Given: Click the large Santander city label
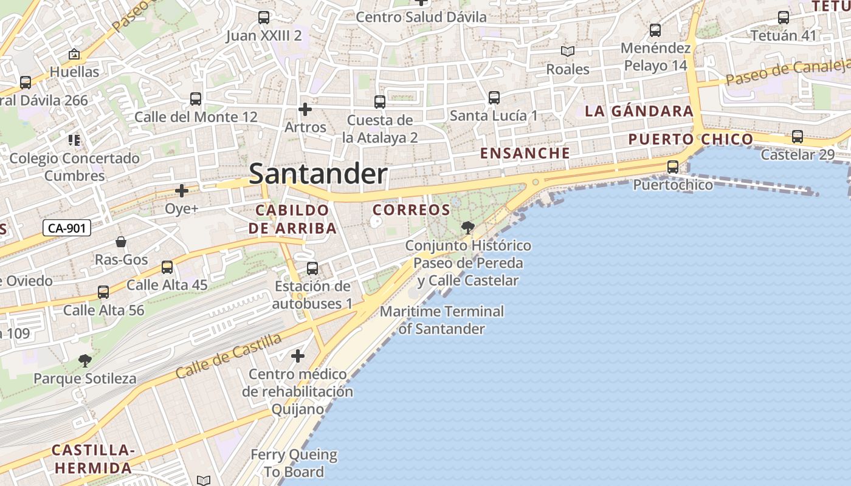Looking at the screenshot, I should tap(318, 174).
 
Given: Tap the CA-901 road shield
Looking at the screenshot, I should tap(67, 228).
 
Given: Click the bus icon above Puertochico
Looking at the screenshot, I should tap(673, 166).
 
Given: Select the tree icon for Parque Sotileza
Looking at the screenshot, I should tap(85, 361).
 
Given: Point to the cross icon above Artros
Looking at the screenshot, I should tap(305, 109).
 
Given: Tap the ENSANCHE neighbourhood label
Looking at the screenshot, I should tap(525, 153).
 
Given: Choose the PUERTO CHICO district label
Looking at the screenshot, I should tap(691, 139).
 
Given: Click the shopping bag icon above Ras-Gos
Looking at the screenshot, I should tap(121, 242).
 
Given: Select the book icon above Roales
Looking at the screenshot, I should tap(568, 52).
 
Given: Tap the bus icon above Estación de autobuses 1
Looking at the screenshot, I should tap(312, 268).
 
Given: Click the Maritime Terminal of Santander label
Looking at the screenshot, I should tap(442, 320).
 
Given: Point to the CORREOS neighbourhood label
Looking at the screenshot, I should tap(411, 210).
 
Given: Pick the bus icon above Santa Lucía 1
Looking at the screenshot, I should tap(494, 97).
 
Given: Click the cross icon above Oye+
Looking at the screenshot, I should tap(181, 191).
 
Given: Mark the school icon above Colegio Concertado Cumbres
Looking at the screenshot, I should tap(74, 141).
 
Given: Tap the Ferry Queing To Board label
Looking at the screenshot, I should tap(294, 463).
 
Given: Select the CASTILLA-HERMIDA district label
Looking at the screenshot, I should tap(92, 459).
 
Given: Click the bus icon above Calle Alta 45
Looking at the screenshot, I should tap(167, 267).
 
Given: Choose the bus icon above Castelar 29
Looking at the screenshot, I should tap(798, 137).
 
